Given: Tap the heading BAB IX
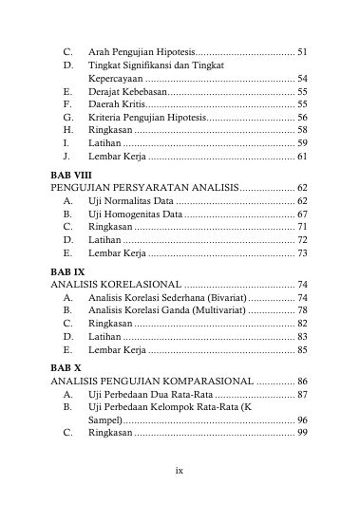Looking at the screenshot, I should [68, 270].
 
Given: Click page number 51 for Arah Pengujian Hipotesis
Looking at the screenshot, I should [301, 49].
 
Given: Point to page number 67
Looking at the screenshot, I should [301, 215].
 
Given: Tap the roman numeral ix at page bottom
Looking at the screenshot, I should [179, 495].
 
